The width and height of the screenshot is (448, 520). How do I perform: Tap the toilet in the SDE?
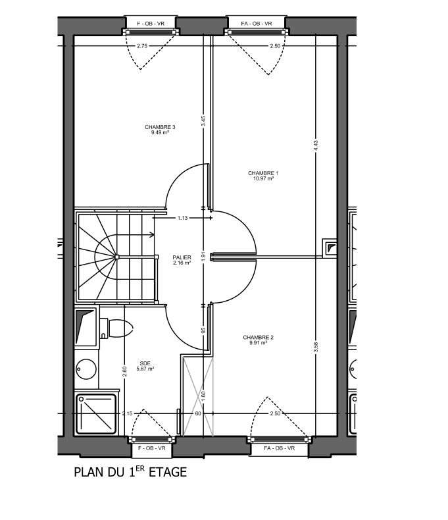(116, 328)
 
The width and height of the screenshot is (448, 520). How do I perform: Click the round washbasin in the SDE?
(86, 369)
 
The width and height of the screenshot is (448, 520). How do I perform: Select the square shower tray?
(97, 413)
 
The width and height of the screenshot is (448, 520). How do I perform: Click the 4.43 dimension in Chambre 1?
(316, 146)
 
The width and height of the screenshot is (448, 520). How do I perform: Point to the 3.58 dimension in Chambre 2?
(316, 348)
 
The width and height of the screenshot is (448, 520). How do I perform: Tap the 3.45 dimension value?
(203, 120)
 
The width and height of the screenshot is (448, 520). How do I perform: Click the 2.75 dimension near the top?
(142, 46)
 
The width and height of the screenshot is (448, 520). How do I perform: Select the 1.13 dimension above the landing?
(183, 218)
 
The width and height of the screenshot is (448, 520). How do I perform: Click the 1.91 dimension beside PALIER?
(203, 256)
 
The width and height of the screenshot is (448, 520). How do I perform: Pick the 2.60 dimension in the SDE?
(124, 371)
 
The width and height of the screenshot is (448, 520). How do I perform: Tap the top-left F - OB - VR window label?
(151, 24)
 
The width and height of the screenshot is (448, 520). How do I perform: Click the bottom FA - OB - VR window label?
(280, 448)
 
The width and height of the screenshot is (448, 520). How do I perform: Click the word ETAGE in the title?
(168, 472)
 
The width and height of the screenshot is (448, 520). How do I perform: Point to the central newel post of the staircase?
(117, 257)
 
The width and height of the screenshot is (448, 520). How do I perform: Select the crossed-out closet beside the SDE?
(198, 396)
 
